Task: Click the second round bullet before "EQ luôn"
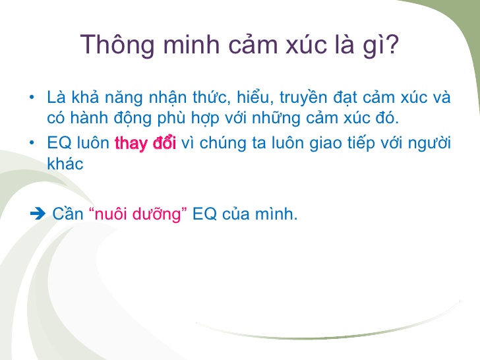point(32,143)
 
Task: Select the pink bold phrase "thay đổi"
point(145,143)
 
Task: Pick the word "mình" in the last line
point(276,214)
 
